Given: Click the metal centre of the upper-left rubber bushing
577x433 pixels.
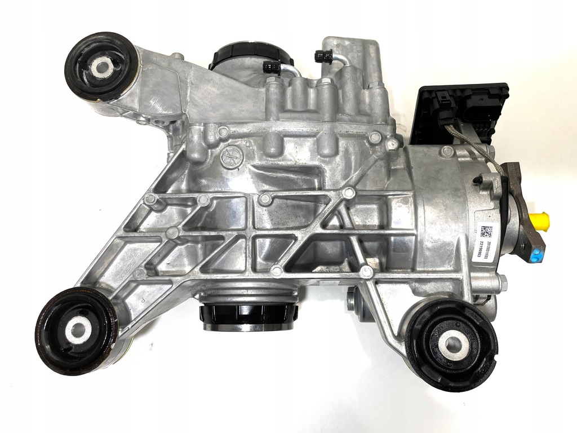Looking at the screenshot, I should click(x=102, y=67).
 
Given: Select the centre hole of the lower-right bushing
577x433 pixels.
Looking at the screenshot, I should click(x=452, y=342).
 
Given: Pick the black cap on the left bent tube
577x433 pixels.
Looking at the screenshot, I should click(x=271, y=68).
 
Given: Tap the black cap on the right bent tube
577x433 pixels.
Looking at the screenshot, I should click(x=323, y=56).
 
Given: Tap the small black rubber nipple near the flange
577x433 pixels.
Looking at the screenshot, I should click(x=477, y=179).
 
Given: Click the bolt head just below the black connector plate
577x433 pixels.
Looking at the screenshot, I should click(x=446, y=151).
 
